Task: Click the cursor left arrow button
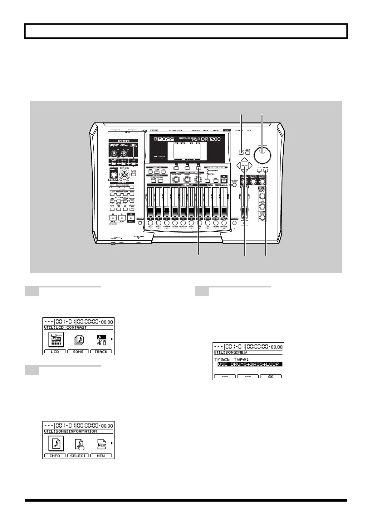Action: (239, 165)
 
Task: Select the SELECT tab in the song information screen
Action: (78, 456)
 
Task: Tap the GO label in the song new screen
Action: (271, 377)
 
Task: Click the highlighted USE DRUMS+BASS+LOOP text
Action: (248, 364)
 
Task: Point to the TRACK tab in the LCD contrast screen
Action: (101, 352)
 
